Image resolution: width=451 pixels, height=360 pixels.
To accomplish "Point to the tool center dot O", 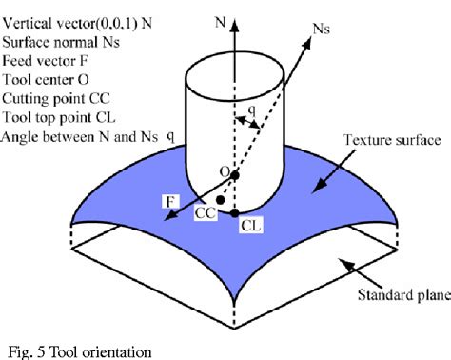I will (235, 175).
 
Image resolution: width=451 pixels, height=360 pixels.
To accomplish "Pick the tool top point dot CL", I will (235, 211).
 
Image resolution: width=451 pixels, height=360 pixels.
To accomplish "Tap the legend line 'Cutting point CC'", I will (55, 98).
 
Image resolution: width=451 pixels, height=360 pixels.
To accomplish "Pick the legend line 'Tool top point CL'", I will (57, 116).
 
